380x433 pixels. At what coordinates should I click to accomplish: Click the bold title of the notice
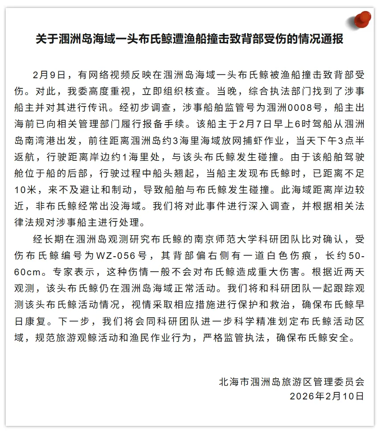coord(190,39)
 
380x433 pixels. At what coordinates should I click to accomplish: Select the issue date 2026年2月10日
coord(327,396)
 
